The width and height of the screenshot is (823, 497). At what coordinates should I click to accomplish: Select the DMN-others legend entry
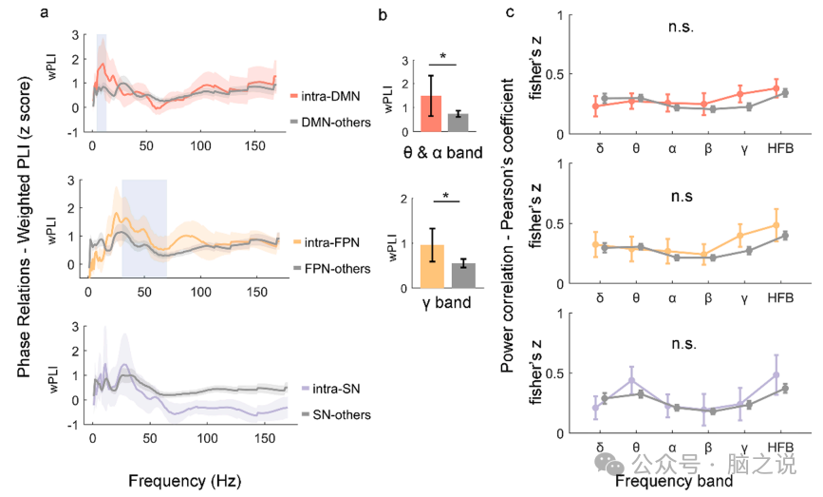(324, 124)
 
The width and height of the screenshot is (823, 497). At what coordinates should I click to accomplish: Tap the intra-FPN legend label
(322, 243)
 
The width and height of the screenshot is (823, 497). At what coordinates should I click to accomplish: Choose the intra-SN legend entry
(320, 390)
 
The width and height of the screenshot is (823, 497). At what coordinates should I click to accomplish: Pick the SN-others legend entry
(320, 415)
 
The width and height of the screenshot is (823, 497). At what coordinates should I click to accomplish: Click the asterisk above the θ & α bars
(443, 57)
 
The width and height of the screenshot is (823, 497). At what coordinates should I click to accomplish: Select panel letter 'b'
(383, 14)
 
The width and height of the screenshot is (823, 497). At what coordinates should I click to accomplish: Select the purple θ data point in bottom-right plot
(632, 380)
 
